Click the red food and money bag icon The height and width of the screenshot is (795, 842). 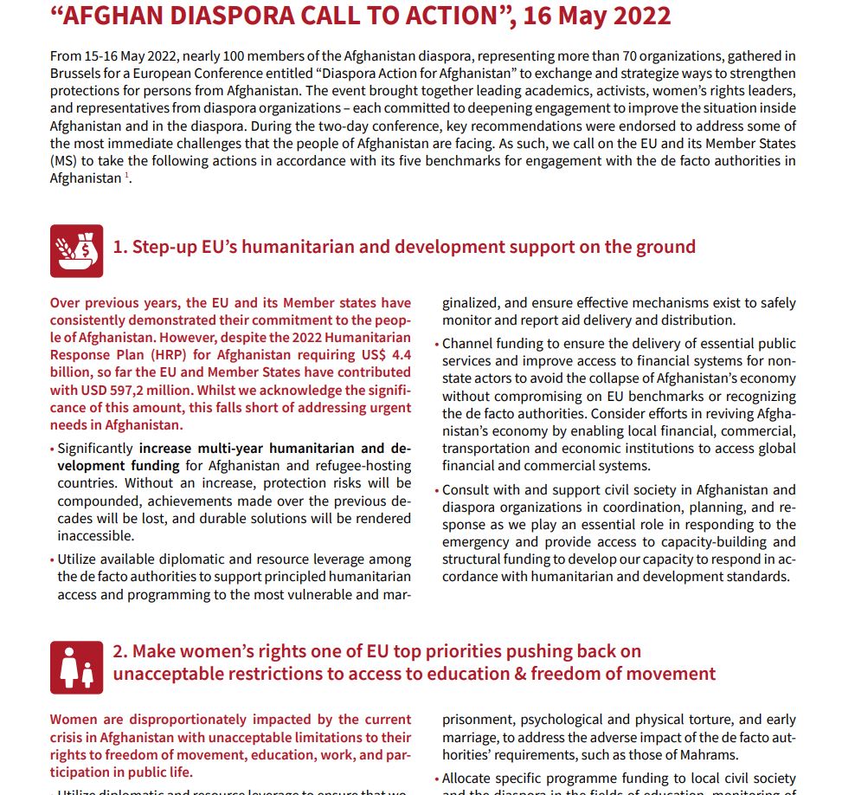pos(76,251)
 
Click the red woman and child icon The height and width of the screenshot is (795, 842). pos(76,667)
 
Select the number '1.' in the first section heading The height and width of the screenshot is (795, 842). pos(120,247)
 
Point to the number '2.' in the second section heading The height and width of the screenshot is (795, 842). pos(121,651)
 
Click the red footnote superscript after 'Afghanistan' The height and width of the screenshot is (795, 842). pos(126,176)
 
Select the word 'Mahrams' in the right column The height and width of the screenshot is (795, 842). pos(686,754)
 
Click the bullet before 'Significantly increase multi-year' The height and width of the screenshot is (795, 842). pos(53,449)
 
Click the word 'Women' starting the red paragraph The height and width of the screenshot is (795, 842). pos(73,720)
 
